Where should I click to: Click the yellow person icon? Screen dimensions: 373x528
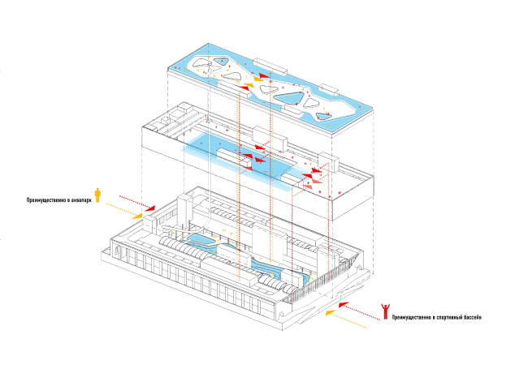(98, 195)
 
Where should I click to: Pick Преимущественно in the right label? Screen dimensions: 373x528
(411, 316)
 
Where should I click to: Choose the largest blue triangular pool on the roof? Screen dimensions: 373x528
(290, 100)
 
